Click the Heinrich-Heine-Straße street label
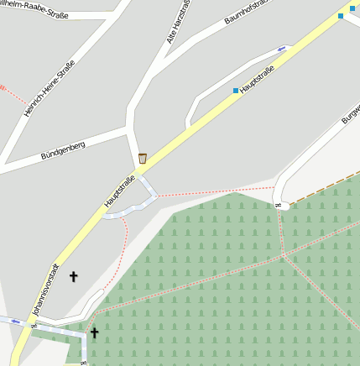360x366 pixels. (50, 87)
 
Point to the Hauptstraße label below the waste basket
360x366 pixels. (119, 191)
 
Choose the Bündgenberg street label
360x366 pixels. (63, 151)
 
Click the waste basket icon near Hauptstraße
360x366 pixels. (143, 159)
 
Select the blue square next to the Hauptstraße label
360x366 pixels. (235, 91)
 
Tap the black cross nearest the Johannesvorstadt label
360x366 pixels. (73, 276)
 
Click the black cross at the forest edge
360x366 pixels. (94, 333)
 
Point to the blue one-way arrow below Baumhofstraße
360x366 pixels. (281, 48)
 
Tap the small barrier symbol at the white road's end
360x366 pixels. (278, 205)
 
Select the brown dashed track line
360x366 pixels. (327, 187)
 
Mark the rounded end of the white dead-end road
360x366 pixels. (285, 206)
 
